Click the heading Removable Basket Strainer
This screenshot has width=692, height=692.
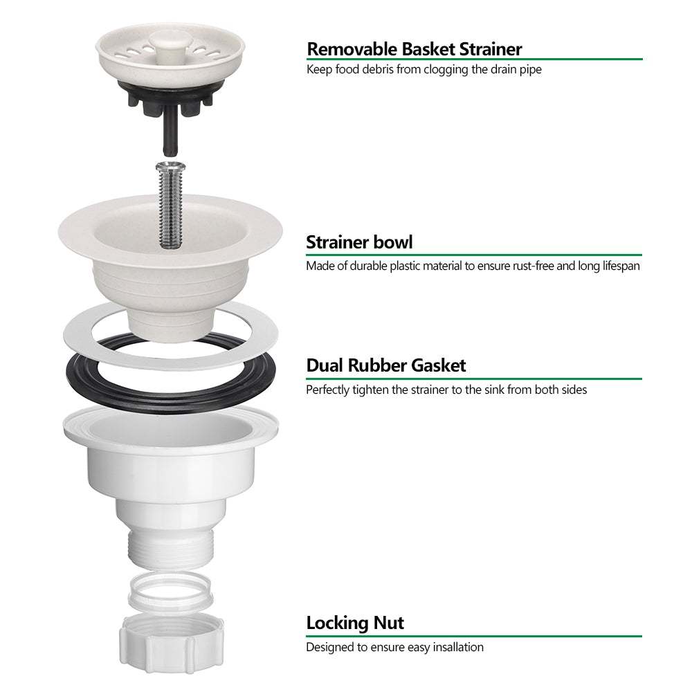coord(414,49)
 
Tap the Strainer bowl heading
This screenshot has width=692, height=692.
coord(359,242)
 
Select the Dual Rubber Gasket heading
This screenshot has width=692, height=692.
coord(386,365)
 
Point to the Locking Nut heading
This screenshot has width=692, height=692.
coord(355,623)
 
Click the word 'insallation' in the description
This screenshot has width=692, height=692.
coord(453,648)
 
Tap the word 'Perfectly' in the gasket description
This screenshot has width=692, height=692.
coord(328,390)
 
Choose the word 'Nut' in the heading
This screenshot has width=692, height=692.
coord(389,623)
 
